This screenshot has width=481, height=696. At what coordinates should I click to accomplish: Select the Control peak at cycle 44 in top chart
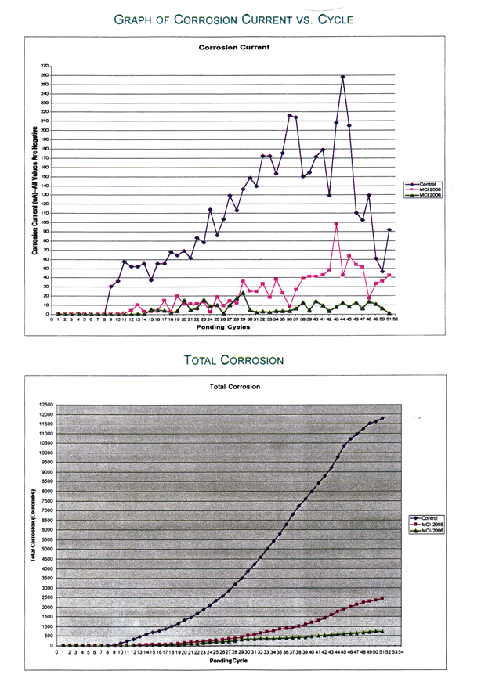(x=342, y=77)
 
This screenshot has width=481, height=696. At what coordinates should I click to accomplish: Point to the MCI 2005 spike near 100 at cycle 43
(x=336, y=224)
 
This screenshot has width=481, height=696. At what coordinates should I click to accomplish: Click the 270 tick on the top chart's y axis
(x=43, y=67)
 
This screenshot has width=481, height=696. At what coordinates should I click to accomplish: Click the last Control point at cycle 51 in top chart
(x=389, y=229)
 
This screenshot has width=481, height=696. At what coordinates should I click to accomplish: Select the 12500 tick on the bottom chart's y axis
(x=45, y=405)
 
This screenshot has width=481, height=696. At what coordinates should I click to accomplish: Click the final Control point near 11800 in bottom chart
(x=382, y=418)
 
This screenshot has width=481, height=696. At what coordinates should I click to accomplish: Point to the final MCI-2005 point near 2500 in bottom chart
(x=382, y=598)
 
